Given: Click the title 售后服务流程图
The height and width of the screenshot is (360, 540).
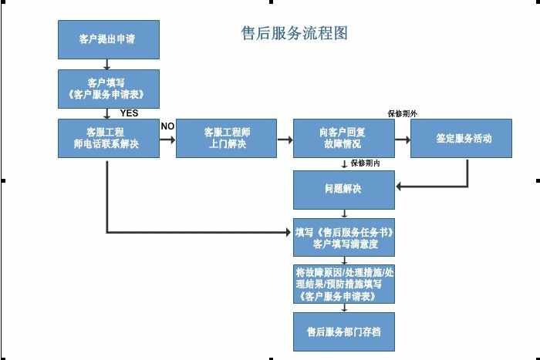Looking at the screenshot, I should point(295,33).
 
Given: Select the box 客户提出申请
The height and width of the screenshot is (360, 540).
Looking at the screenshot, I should point(108,39).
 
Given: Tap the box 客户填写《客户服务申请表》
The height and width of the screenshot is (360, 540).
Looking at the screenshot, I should point(108,89).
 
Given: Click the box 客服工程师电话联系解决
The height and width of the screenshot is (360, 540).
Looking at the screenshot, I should point(108,138).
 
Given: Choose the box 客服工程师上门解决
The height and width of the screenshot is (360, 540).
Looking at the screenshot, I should point(227,138).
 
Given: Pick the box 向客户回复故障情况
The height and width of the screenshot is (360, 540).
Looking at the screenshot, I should point(343,138).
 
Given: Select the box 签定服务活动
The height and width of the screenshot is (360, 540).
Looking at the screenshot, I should point(461,139).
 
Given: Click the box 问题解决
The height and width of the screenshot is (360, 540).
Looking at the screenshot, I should point(343,189).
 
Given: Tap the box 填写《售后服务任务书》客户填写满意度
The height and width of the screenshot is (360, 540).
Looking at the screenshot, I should point(343,237).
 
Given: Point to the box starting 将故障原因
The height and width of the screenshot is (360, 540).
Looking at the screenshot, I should point(343,284).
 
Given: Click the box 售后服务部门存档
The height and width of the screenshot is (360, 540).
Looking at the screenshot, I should point(343,331).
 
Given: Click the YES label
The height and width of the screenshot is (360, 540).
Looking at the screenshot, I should point(129,113).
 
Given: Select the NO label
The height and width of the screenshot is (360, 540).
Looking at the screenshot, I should point(167,126).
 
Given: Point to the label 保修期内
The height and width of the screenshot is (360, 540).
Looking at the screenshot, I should point(365,163).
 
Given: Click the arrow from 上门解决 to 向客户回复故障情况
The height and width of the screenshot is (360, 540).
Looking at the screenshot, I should point(285,140).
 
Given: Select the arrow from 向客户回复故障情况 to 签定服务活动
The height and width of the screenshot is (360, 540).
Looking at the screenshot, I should point(402,140).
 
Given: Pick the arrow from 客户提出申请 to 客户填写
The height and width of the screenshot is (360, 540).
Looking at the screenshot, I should point(107,64).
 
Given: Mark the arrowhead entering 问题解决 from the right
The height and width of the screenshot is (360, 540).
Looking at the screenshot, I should point(398,187).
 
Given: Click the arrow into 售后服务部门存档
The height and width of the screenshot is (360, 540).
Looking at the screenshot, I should point(343,308).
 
